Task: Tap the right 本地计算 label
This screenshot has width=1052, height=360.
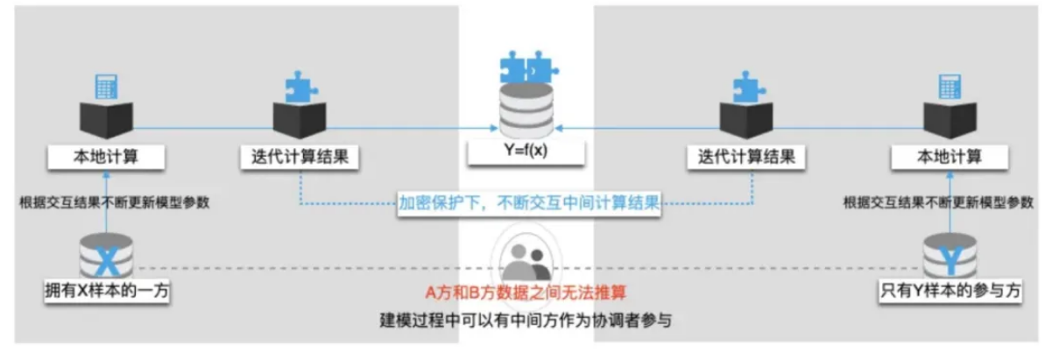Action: [949, 159]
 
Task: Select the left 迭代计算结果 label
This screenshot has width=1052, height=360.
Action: [300, 159]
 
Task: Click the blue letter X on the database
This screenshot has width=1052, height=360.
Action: [106, 260]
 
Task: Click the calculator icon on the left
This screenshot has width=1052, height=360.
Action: [107, 86]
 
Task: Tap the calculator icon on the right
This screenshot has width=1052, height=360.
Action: [950, 86]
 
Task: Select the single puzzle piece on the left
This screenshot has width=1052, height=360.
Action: [300, 86]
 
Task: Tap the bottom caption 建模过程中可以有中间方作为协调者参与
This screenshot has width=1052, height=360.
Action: [526, 319]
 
